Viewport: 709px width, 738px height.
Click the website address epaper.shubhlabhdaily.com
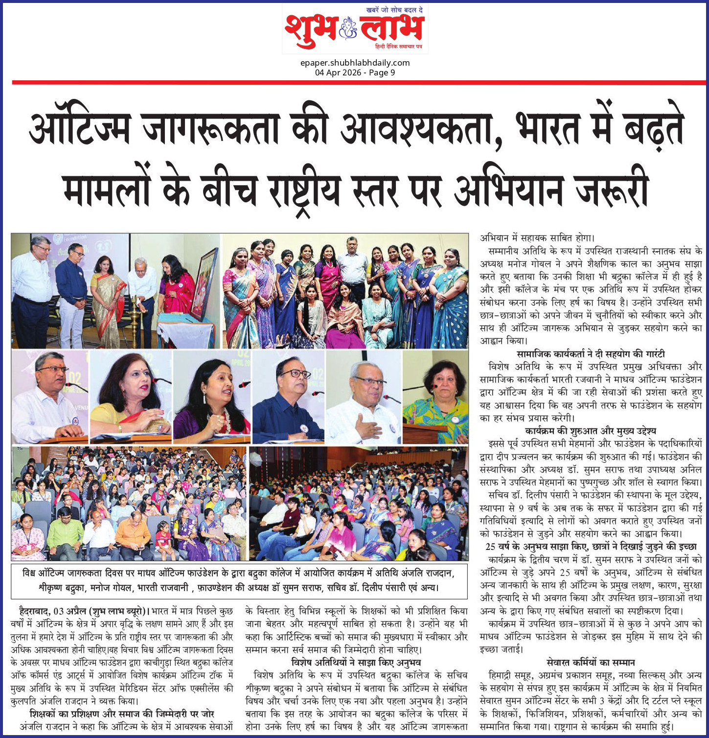[355, 63]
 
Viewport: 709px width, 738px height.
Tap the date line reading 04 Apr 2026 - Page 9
[355, 72]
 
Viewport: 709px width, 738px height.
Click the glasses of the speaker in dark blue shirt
[295, 374]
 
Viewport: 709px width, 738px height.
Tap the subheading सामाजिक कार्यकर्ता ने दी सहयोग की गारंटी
[591, 354]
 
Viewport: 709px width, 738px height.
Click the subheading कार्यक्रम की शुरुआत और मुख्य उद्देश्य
[591, 431]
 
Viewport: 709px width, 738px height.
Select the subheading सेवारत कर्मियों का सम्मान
[591, 663]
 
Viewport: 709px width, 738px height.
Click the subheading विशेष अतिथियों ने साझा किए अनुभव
[356, 663]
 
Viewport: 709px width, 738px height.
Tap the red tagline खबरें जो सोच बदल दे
[394, 10]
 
